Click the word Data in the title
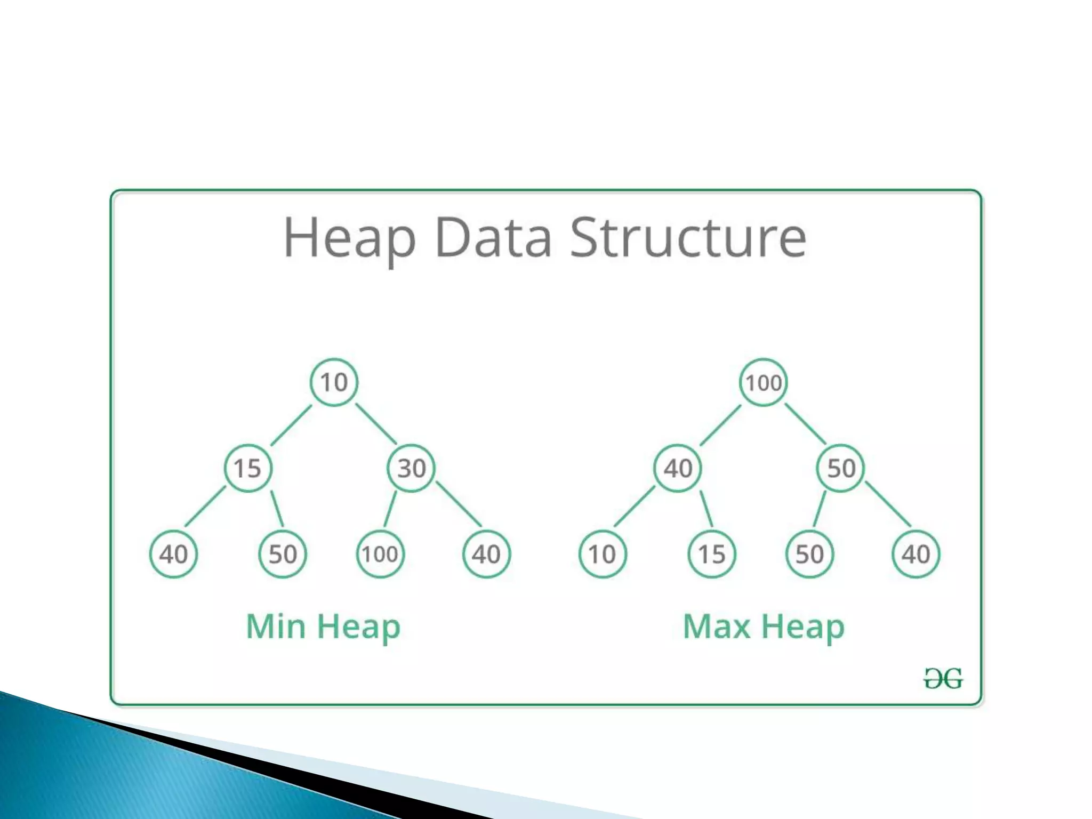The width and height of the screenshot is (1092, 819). (493, 238)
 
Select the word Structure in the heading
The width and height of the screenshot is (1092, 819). (688, 238)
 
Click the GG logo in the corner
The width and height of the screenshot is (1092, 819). (943, 679)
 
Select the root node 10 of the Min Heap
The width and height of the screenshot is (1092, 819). (334, 382)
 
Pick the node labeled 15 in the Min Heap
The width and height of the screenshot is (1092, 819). (248, 468)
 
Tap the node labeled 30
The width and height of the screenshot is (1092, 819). (411, 468)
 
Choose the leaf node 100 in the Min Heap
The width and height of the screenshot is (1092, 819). (380, 554)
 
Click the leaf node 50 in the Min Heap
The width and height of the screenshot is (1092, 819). (283, 554)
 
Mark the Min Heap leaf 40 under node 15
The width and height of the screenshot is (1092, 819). (173, 554)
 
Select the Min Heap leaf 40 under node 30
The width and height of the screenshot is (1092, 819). (486, 554)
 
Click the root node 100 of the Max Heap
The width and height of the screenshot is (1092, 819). (763, 382)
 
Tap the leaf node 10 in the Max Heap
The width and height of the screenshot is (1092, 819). (603, 554)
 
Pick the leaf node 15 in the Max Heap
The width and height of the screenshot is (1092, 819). (712, 554)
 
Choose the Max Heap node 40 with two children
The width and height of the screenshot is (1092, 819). (677, 468)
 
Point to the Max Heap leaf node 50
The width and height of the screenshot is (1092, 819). (809, 554)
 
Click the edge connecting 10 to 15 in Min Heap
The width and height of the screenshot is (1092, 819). (291, 425)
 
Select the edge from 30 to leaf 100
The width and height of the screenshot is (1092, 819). (390, 509)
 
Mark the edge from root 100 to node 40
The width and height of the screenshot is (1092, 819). (720, 425)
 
